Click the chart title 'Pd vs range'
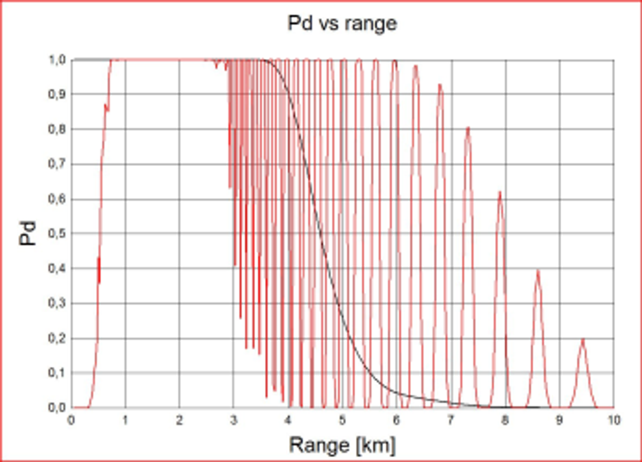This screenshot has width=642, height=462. click(x=342, y=24)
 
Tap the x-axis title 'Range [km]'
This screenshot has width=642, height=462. click(x=342, y=444)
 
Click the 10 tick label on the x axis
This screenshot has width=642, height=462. click(x=614, y=420)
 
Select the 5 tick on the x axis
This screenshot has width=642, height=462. click(x=342, y=420)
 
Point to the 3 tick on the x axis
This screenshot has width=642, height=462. click(x=234, y=420)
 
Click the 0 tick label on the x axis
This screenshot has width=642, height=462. click(x=72, y=420)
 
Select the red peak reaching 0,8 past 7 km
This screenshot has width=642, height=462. click(x=468, y=128)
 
